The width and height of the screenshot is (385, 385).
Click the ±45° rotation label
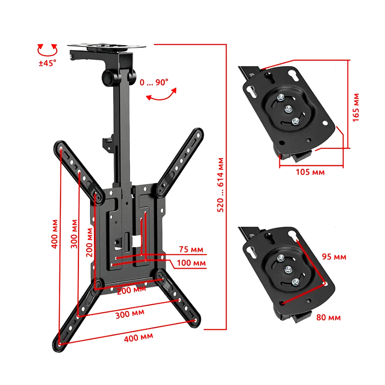(47, 63)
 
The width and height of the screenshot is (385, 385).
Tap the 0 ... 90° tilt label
(154, 82)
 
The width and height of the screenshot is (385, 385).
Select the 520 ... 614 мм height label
(220, 185)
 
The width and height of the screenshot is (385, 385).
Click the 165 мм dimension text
(356, 107)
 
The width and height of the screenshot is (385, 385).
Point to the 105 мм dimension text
(310, 172)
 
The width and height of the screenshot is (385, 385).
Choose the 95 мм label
(334, 257)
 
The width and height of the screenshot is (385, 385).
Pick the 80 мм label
(328, 318)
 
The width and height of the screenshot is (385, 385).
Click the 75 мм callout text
(191, 249)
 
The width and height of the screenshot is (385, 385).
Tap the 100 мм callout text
(191, 263)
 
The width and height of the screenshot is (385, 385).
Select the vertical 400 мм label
(55, 234)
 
